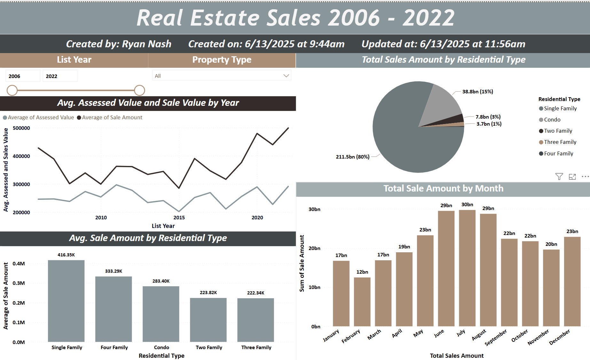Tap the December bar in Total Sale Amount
pos(572,281)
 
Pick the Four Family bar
pos(114,309)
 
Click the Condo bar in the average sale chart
pos(161,314)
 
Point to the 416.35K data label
pos(66,255)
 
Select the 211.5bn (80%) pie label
pos(352,157)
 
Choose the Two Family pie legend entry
pos(558,131)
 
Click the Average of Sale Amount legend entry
pos(112,117)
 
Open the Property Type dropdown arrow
pos(286,76)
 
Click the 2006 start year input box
pos(23,76)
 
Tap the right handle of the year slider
pos(139,90)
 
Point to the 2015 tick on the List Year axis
pos(179,217)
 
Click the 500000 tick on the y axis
pos(21,128)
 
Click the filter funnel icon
pos(559,176)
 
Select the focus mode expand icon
pos(572,176)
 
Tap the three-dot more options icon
pos(585,176)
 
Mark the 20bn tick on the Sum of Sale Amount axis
pos(314,248)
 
